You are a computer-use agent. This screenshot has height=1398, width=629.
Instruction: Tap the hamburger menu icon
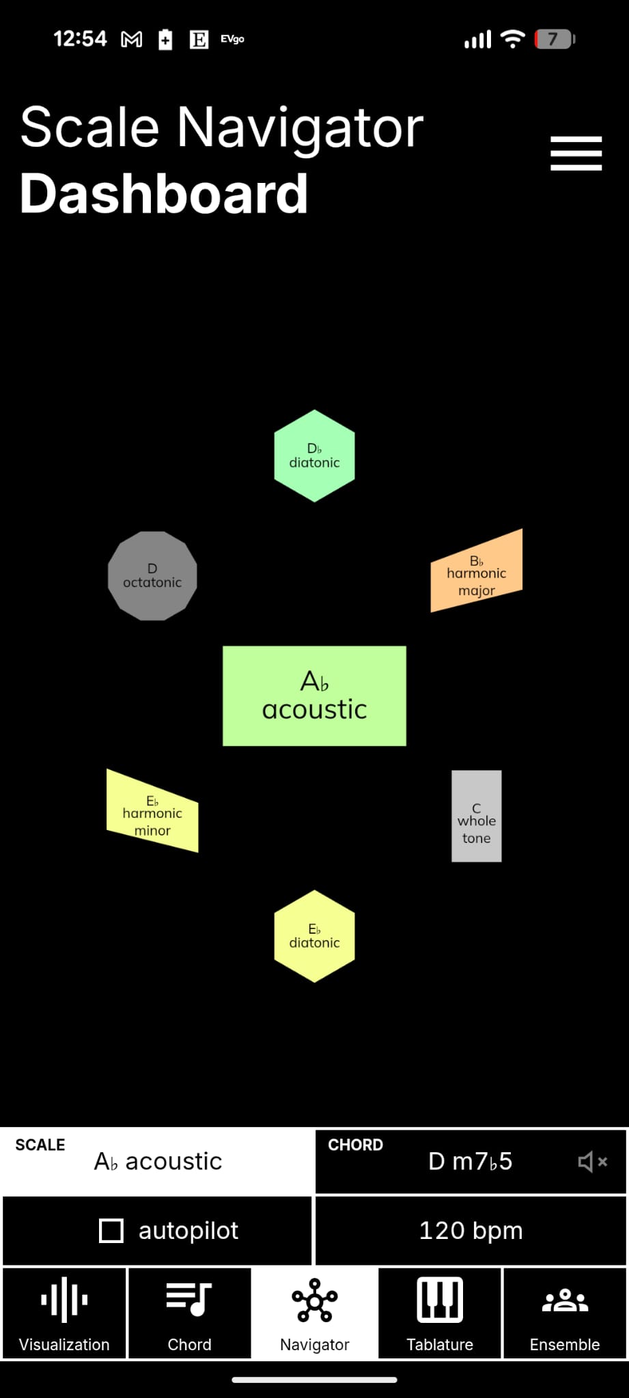tap(576, 153)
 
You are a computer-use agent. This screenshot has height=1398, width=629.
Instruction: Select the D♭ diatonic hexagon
tap(314, 456)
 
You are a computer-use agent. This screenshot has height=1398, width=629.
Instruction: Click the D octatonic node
tap(152, 576)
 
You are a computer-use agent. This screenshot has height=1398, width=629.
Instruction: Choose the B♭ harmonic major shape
tap(477, 572)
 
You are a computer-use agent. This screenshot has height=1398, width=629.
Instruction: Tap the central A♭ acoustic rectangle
tap(314, 696)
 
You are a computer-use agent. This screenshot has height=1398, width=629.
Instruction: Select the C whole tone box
tap(476, 816)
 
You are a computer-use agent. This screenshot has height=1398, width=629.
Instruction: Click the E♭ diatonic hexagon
tap(314, 936)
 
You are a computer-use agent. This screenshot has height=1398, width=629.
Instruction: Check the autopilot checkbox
tap(111, 1231)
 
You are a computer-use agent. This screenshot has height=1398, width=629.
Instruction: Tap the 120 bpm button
tap(471, 1231)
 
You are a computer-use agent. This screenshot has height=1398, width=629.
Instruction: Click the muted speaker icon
tap(591, 1161)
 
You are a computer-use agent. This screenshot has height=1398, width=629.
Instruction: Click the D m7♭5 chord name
tap(470, 1161)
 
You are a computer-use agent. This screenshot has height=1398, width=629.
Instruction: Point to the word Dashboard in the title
tap(164, 194)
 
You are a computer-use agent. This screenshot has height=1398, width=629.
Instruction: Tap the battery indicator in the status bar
tap(554, 40)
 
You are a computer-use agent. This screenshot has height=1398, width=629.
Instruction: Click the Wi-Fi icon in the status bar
tap(512, 40)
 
